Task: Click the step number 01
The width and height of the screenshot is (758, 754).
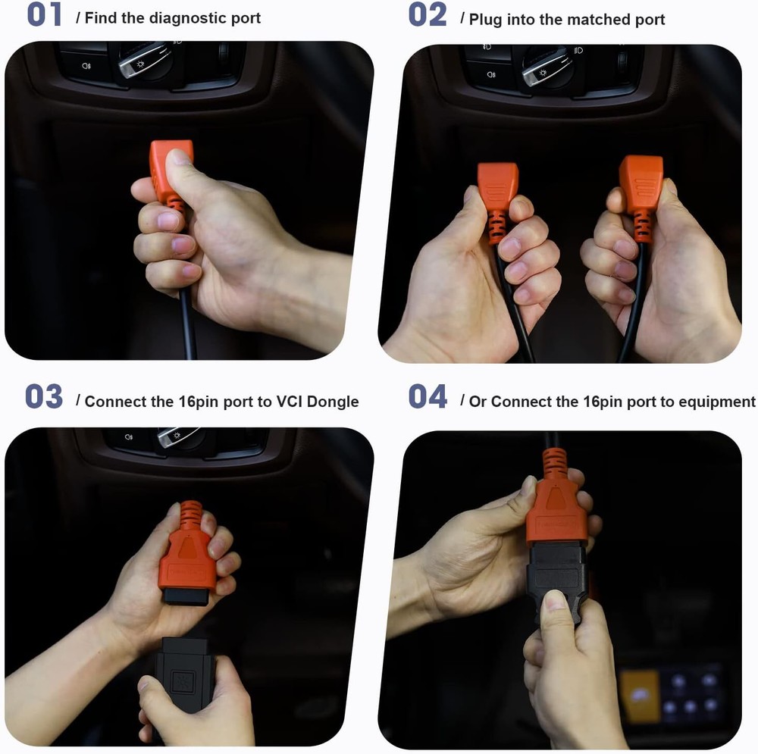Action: [x=45, y=14]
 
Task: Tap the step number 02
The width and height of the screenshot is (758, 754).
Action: [x=428, y=14]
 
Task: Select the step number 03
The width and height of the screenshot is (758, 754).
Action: [x=44, y=397]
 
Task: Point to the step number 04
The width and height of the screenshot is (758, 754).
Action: [x=428, y=397]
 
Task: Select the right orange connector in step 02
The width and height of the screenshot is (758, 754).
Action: [x=641, y=196]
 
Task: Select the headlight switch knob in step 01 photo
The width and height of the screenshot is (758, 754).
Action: [x=145, y=61]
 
